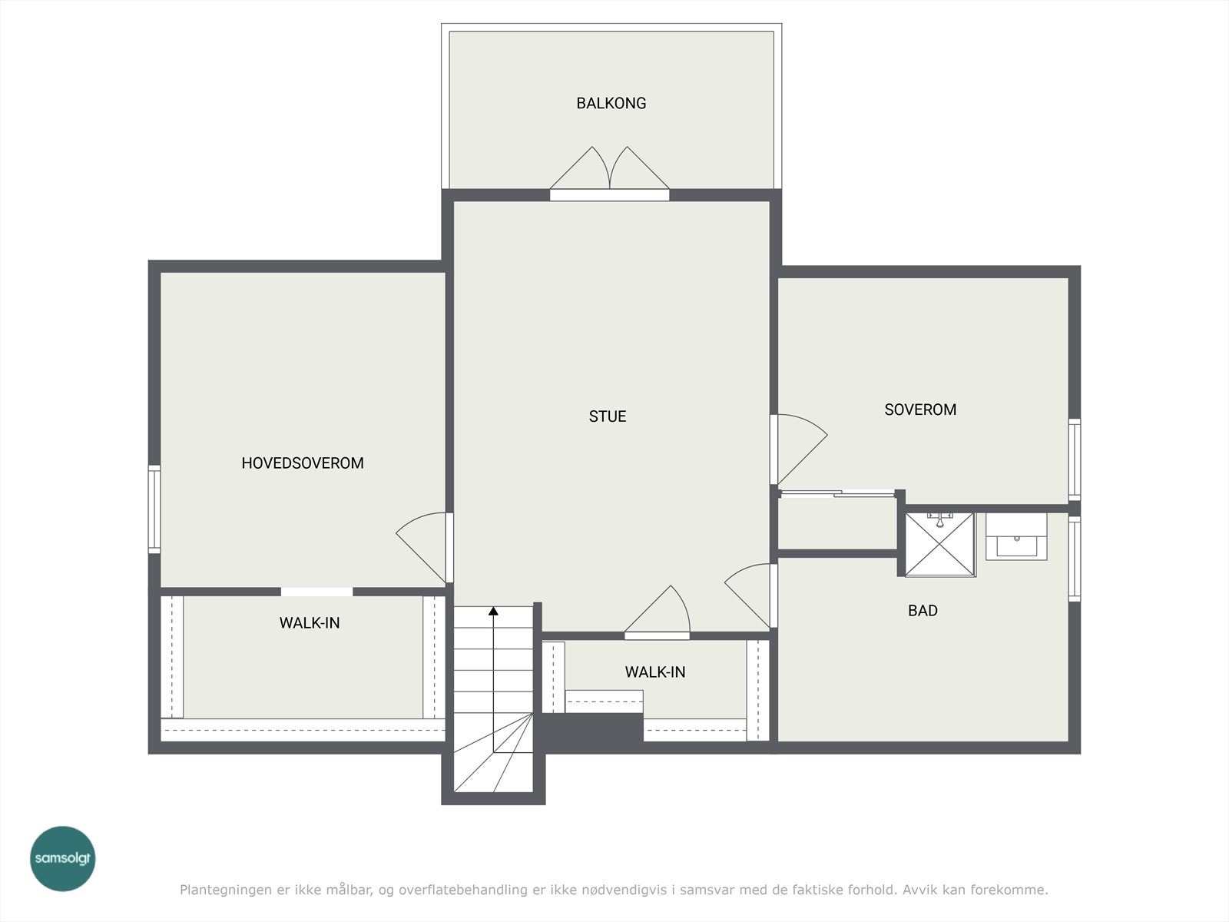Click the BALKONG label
pyautogui.click(x=611, y=103)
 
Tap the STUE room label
pyautogui.click(x=608, y=416)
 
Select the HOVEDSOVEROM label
pyautogui.click(x=303, y=463)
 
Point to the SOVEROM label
pyautogui.click(x=920, y=410)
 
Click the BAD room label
pyautogui.click(x=923, y=610)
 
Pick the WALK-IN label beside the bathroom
pyautogui.click(x=655, y=672)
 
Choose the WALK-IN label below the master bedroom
pyautogui.click(x=310, y=622)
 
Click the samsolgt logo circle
pyautogui.click(x=63, y=858)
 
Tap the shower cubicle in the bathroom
pyautogui.click(x=940, y=544)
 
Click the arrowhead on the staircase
pyautogui.click(x=493, y=611)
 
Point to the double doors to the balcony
pyautogui.click(x=610, y=174)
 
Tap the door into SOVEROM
pyautogui.click(x=798, y=449)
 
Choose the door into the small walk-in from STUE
pyautogui.click(x=658, y=612)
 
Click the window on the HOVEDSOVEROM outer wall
pyautogui.click(x=154, y=509)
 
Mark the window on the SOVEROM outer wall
pyautogui.click(x=1075, y=459)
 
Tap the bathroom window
pyautogui.click(x=1075, y=559)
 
